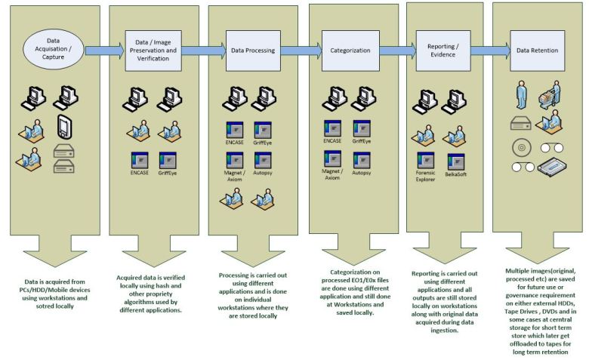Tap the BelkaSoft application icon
click(455, 162)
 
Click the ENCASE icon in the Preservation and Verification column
click(139, 160)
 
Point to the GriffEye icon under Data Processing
click(263, 129)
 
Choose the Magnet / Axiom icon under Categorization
click(332, 161)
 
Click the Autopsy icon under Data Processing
click(263, 160)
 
